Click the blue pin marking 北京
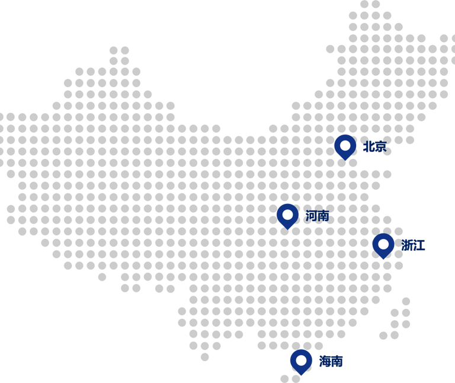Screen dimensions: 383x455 345,146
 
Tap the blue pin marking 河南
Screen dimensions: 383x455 287,216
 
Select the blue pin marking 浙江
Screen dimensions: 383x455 383,245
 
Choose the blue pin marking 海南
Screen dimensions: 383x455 301,362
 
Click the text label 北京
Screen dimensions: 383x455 374,146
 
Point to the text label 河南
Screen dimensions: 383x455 317,216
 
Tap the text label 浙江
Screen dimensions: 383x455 413,245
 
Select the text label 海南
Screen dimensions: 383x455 331,361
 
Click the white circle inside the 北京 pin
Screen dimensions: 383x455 345,145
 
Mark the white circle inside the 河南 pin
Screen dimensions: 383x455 287,214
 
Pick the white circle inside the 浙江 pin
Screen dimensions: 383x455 383,244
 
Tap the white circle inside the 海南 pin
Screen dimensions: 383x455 301,360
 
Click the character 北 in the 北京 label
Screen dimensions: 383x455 369,146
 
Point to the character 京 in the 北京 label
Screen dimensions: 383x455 380,146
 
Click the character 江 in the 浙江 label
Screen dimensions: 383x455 419,245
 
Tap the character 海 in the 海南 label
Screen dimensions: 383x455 325,361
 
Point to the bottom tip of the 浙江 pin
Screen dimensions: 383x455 383,258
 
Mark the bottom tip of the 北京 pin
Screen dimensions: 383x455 345,160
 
